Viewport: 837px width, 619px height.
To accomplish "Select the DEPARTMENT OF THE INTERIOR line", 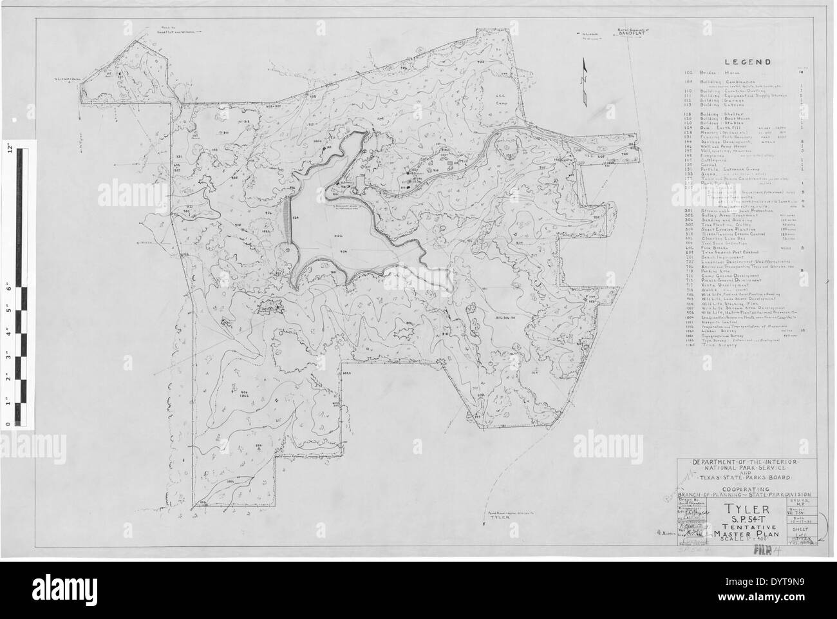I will click(x=738, y=463).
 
